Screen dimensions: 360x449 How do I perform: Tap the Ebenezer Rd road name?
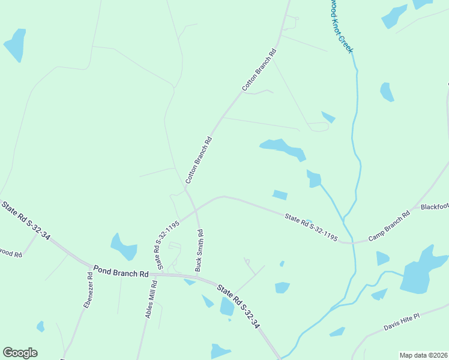[x=88, y=291]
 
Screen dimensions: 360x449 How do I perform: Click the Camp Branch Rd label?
[x=389, y=226]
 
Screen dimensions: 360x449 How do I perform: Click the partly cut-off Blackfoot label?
[x=435, y=207]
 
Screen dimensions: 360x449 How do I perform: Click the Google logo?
[x=20, y=353]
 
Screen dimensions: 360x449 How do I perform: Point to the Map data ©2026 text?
[x=423, y=355]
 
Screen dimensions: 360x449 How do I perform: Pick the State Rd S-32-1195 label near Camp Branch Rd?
[x=311, y=227]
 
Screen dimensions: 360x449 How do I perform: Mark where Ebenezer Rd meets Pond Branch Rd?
[x=91, y=266]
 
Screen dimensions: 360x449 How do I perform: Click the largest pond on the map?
[x=420, y=272]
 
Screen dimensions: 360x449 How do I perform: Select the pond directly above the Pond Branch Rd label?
[x=124, y=246]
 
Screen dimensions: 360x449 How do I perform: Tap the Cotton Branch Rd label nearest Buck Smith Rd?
[x=199, y=160]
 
